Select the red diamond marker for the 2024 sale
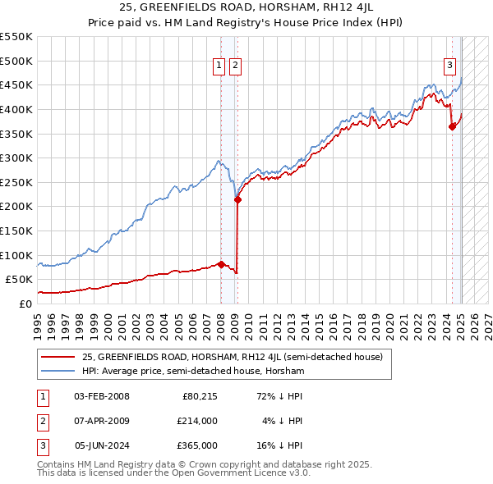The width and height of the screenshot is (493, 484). (x=451, y=126)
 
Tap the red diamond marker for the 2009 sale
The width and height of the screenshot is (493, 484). (x=237, y=199)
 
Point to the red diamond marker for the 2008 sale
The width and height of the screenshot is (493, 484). (x=221, y=264)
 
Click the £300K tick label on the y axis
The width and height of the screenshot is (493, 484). (x=16, y=158)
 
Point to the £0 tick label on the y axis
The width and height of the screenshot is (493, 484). (x=25, y=304)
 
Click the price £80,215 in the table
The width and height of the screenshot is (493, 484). (x=200, y=397)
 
